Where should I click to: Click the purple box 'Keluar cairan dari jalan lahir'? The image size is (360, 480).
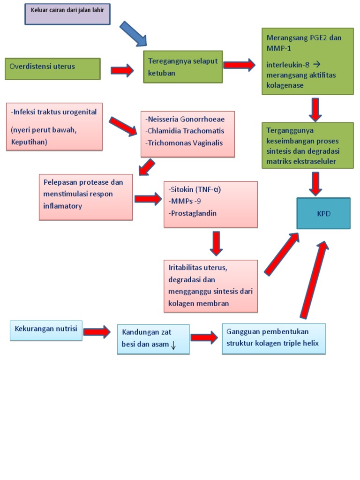click(67, 14)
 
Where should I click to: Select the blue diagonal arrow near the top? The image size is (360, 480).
click(133, 34)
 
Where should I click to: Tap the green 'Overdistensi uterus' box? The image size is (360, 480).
click(52, 68)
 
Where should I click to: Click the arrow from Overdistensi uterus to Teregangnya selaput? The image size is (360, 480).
click(122, 70)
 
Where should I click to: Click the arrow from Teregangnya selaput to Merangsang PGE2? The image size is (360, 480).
click(239, 65)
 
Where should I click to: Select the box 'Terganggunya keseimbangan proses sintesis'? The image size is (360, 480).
click(307, 145)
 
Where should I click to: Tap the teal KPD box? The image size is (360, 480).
click(323, 213)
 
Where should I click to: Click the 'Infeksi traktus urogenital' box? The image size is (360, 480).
click(54, 127)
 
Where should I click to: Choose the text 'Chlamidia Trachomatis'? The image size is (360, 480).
click(185, 131)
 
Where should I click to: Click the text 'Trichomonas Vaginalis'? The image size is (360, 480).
click(184, 142)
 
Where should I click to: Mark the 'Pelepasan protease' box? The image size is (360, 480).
click(86, 197)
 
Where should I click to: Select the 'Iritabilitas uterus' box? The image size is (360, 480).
click(210, 286)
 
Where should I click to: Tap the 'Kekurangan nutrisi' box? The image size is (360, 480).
click(45, 330)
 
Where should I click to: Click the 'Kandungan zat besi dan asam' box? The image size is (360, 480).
click(153, 339)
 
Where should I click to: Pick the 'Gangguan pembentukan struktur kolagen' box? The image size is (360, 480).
click(273, 338)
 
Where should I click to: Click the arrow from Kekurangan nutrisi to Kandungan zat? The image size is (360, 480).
click(97, 333)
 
